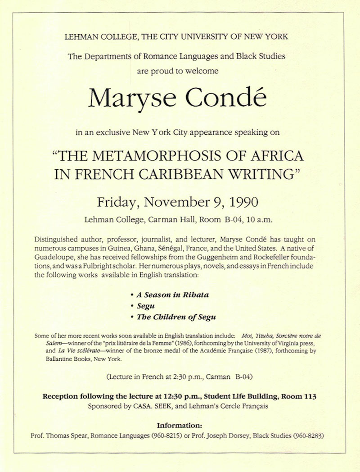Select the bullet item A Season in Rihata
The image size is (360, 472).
click(173, 295)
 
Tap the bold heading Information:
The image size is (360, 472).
click(180, 425)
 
